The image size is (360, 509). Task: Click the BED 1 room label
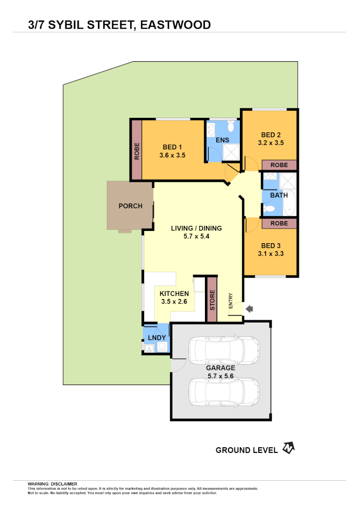[169, 147]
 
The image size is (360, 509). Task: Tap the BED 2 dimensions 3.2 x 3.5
[270, 142]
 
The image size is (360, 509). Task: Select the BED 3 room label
[270, 246]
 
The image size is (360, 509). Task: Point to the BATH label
[278, 195]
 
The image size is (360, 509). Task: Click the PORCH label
[130, 206]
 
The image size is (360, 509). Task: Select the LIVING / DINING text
[196, 228]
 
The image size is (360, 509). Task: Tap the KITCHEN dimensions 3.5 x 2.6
[174, 302]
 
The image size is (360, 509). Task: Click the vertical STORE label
[212, 300]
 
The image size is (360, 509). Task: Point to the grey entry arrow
[250, 309]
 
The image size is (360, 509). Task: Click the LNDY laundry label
[156, 338]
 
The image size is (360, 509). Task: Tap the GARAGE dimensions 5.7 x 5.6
[221, 376]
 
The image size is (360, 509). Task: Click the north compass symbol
[288, 448]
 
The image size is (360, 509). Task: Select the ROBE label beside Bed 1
[137, 151]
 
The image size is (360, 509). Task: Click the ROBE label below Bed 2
[279, 165]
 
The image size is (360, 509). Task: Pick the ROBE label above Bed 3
[279, 223]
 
